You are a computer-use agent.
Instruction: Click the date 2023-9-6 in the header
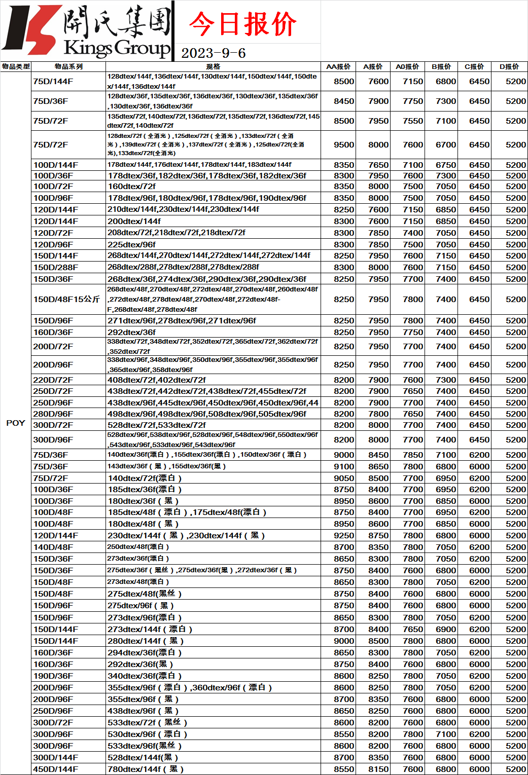213,53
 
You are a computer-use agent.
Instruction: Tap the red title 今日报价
242,24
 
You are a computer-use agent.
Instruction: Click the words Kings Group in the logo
117,48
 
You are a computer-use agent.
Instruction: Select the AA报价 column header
338,66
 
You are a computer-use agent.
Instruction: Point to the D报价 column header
509,66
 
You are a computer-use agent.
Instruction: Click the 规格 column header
213,66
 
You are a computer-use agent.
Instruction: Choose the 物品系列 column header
68,66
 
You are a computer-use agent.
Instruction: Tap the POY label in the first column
15,423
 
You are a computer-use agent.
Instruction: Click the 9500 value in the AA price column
344,144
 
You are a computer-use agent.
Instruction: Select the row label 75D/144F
53,81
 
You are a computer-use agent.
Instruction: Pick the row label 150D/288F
56,267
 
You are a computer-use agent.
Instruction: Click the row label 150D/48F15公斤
66,299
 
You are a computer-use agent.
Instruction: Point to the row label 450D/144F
56,769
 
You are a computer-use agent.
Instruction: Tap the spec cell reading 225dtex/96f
132,244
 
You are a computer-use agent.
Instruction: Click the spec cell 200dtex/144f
134,221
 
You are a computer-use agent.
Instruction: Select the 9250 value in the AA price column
344,535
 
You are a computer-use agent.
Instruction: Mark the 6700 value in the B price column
446,144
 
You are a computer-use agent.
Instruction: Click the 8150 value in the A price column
378,769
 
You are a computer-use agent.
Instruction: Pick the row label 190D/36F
53,676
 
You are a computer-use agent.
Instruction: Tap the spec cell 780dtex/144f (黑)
146,769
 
